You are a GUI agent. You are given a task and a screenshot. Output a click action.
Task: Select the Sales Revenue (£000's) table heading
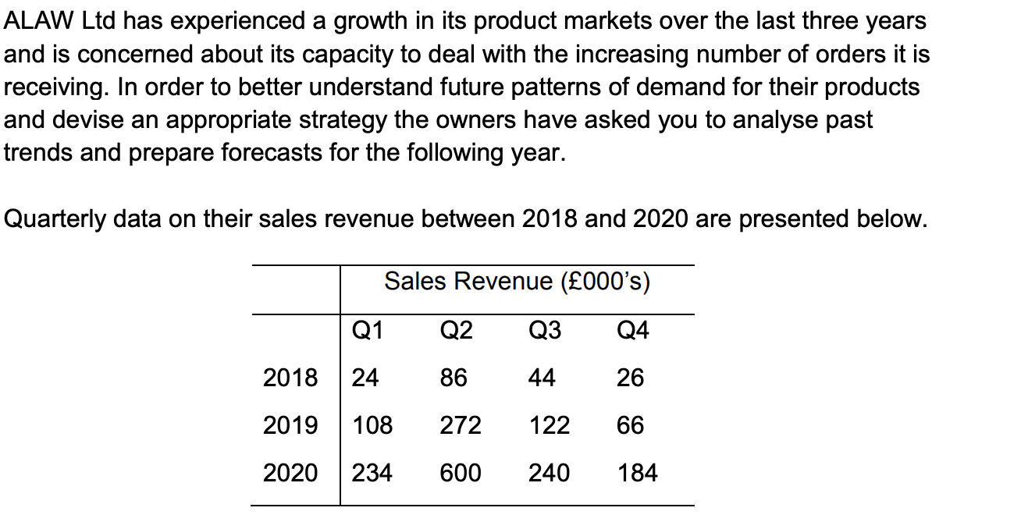click(517, 282)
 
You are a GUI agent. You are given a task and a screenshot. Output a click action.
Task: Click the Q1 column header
click(368, 332)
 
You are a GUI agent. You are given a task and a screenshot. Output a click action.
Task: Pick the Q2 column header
click(456, 332)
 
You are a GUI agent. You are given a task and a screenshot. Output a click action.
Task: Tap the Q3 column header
click(544, 332)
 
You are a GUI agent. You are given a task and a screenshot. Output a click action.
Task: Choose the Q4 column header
click(632, 332)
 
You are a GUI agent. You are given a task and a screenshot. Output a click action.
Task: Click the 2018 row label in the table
click(290, 378)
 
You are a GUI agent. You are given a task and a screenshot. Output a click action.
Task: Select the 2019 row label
click(290, 426)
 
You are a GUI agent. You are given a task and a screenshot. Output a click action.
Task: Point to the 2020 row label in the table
click(290, 473)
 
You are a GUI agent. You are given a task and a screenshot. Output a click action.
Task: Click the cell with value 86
click(454, 378)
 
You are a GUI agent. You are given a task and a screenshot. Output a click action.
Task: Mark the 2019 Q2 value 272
click(461, 426)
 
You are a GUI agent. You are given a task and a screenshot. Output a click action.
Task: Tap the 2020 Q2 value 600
click(461, 473)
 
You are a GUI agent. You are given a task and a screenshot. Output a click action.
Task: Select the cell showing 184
click(637, 473)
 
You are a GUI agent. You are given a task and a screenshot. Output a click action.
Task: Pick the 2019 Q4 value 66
click(630, 426)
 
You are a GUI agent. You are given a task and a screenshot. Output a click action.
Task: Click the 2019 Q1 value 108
click(372, 426)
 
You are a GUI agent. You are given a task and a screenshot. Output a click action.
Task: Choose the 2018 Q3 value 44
click(542, 378)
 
